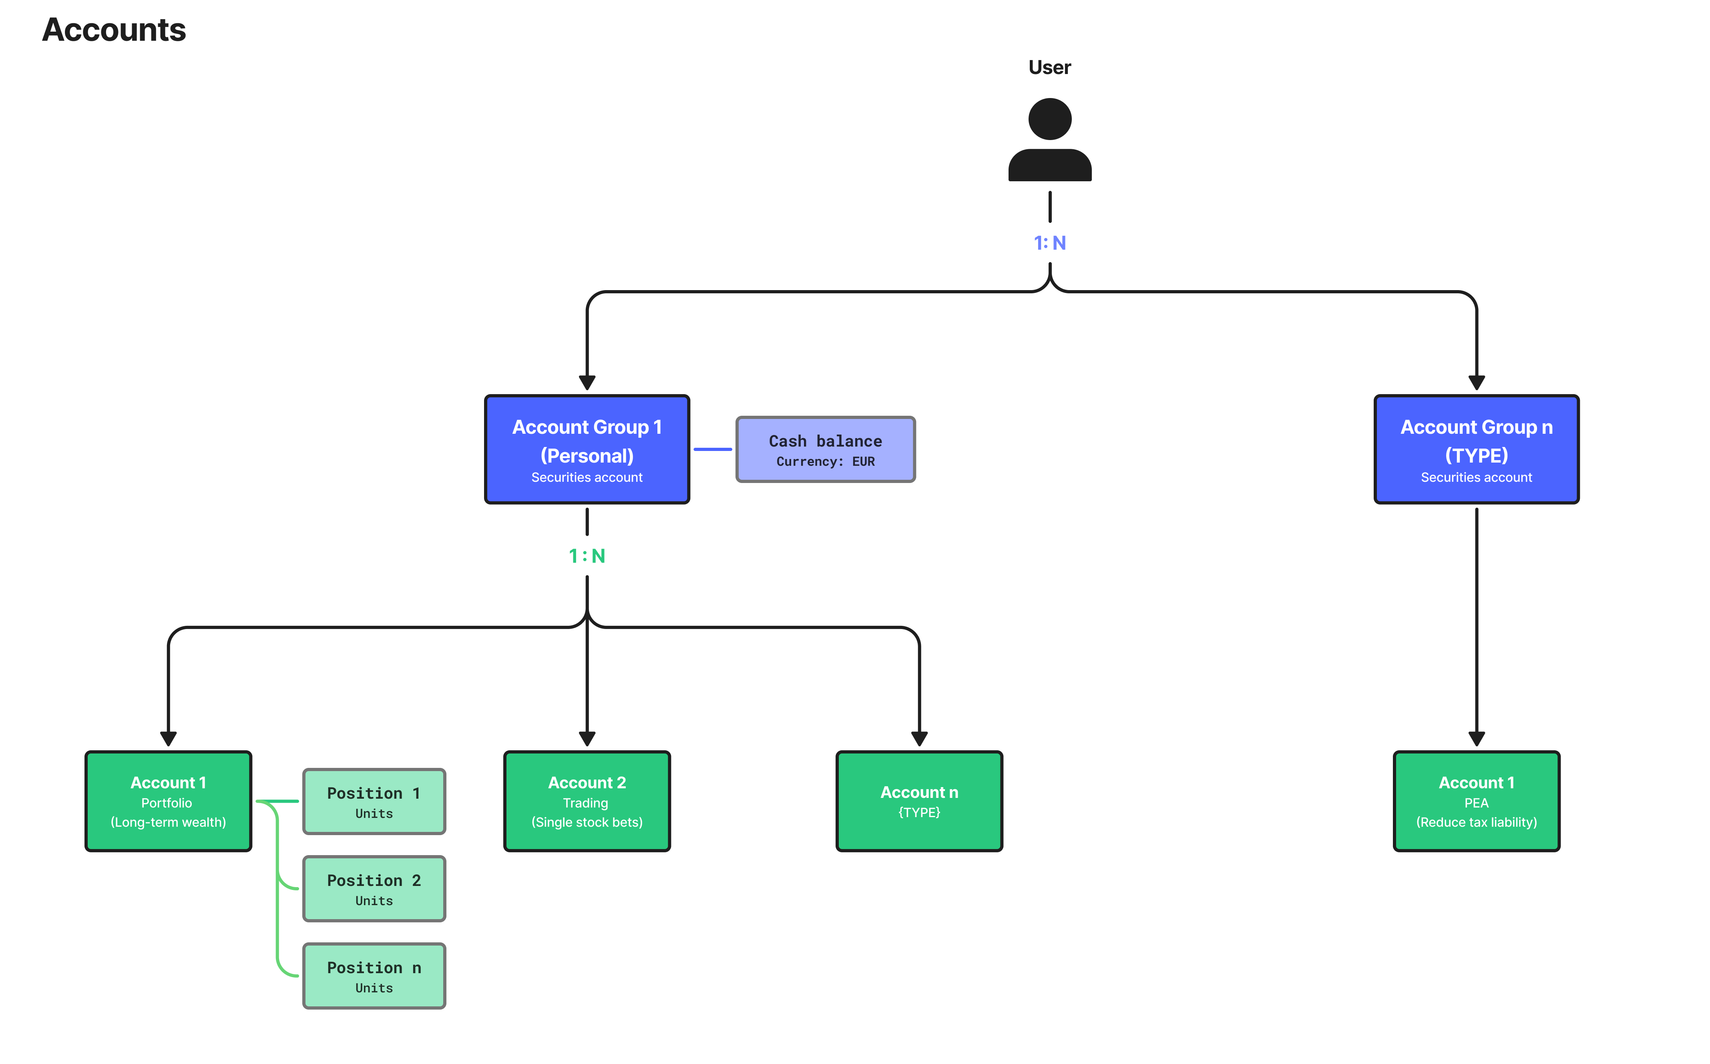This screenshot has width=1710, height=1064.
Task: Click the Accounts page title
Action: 114,30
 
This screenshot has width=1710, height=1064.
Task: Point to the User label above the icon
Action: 1050,68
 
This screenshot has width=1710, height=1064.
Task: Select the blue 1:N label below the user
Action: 1050,243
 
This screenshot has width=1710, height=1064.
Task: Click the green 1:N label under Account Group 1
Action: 587,556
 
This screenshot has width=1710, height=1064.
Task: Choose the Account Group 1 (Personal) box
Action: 587,449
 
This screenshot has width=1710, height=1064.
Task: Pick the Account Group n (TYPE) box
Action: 1476,449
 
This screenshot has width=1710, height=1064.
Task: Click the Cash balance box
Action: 825,449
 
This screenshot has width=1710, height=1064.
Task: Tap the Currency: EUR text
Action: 825,462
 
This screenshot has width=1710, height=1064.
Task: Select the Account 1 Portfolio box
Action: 168,801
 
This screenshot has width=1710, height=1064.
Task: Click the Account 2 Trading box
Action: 587,801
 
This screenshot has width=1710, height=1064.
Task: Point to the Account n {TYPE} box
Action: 919,801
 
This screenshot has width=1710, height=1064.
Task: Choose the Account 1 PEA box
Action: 1476,801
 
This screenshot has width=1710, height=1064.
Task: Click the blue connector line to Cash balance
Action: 712,449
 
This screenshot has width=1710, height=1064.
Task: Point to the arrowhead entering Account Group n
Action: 1476,383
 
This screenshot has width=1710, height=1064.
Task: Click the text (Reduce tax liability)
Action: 1476,822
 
